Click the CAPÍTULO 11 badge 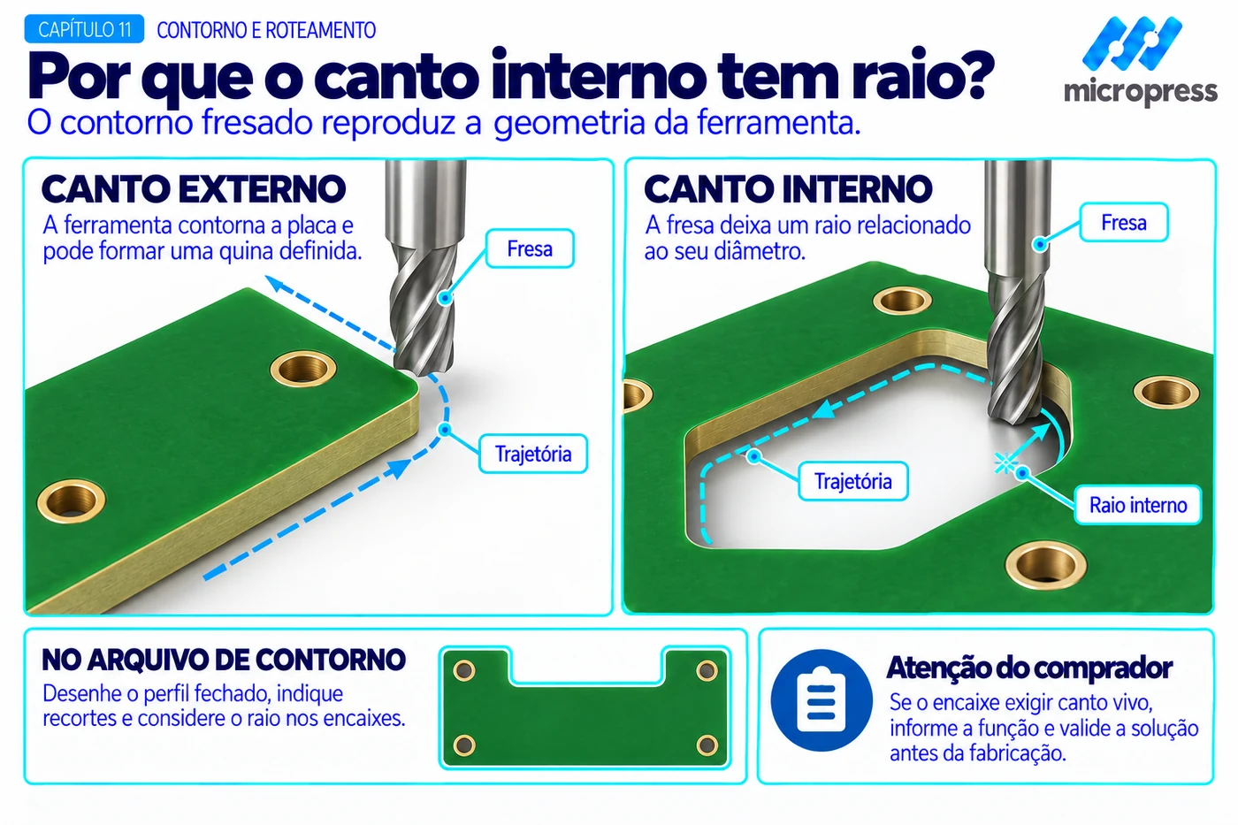pyautogui.click(x=84, y=29)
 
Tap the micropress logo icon pyautogui.click(x=1132, y=44)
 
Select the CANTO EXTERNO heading pyautogui.click(x=194, y=189)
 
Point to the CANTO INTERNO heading pyautogui.click(x=788, y=189)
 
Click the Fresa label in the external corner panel pyautogui.click(x=530, y=248)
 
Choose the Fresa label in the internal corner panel pyautogui.click(x=1124, y=223)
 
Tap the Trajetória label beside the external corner pyautogui.click(x=532, y=454)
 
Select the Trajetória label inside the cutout pyautogui.click(x=852, y=481)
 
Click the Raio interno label pyautogui.click(x=1138, y=505)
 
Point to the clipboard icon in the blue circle pyautogui.click(x=822, y=700)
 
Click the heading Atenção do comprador pyautogui.click(x=1029, y=668)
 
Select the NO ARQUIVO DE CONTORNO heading pyautogui.click(x=224, y=660)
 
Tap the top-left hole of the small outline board pyautogui.click(x=463, y=671)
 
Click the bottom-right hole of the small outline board pyautogui.click(x=707, y=745)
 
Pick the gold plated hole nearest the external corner pyautogui.click(x=302, y=369)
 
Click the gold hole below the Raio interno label pyautogui.click(x=1045, y=565)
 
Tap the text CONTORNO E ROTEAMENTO pyautogui.click(x=266, y=30)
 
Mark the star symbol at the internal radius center pyautogui.click(x=1005, y=463)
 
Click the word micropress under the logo pyautogui.click(x=1141, y=92)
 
